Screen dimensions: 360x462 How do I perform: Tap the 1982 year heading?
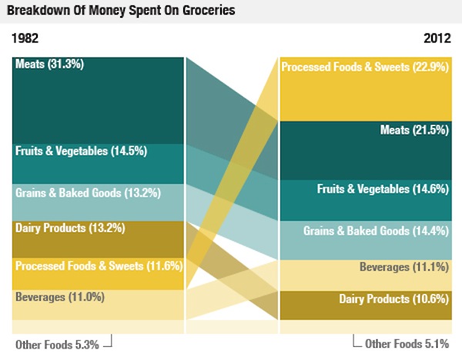click(25, 38)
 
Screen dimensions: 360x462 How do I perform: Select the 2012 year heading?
click(437, 38)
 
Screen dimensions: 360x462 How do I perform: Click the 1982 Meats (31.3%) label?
click(49, 64)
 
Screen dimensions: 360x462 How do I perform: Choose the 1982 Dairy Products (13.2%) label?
click(69, 228)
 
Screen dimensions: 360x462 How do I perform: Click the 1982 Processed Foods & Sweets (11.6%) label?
click(98, 266)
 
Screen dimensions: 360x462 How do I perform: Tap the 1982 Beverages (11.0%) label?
click(59, 297)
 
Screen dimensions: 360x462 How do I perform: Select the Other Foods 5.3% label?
click(57, 345)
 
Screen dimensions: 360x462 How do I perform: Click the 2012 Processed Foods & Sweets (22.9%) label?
click(364, 68)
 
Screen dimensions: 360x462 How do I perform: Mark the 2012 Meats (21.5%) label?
click(414, 130)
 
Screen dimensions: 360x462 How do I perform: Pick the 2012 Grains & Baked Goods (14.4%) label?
click(376, 230)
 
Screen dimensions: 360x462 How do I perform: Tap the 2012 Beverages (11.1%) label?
click(403, 267)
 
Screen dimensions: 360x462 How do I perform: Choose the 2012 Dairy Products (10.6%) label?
click(393, 299)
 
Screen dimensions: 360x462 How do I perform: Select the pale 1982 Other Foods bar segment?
click(99, 327)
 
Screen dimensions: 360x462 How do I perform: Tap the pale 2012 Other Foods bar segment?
click(364, 327)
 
